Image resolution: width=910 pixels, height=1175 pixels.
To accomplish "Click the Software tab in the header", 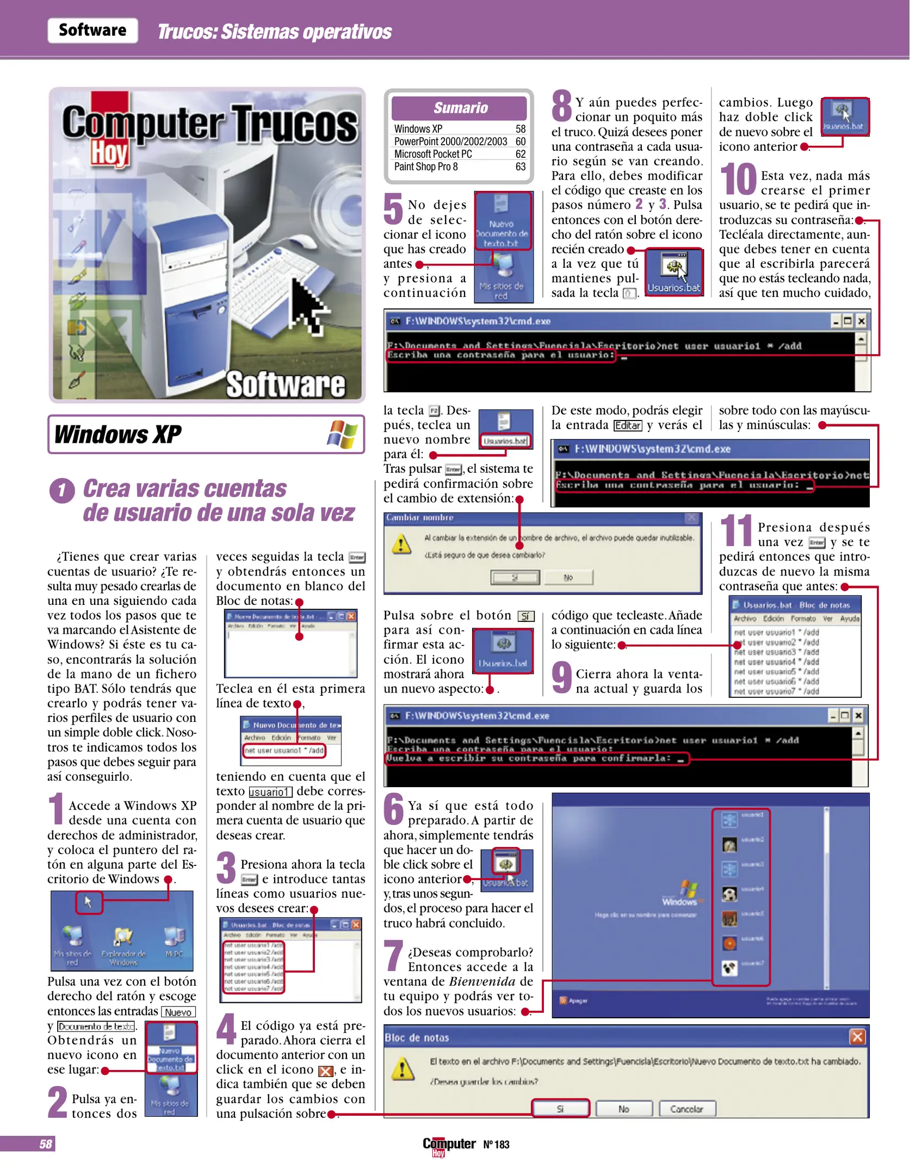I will (x=92, y=30).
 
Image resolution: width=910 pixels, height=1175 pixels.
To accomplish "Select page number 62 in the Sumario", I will (x=520, y=154).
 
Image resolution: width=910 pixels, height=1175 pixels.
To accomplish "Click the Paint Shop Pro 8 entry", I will (x=426, y=167).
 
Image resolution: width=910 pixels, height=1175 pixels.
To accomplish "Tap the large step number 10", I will (x=738, y=180).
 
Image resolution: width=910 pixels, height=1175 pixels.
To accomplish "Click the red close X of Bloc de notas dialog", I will (x=857, y=1037).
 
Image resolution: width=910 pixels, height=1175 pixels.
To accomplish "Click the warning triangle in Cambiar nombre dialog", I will (x=401, y=543).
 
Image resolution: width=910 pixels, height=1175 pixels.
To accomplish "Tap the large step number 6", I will (x=394, y=809).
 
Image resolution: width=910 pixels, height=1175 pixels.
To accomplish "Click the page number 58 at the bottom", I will (x=46, y=1144).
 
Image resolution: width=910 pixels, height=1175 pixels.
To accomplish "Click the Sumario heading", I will (x=460, y=108).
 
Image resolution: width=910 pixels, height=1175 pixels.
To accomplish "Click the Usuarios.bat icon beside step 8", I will (x=674, y=272).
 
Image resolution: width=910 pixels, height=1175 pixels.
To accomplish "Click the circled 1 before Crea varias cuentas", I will (x=62, y=491).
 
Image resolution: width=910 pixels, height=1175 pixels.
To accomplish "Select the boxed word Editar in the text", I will (x=628, y=425).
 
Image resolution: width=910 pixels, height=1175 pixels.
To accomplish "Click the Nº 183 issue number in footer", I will (x=496, y=1145).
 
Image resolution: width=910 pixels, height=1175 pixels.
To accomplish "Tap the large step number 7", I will (x=393, y=956).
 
